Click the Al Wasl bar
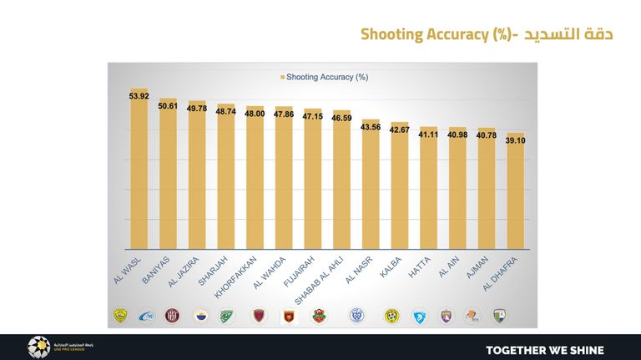[139, 175]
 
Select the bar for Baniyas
[168, 180]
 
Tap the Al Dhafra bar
[515, 196]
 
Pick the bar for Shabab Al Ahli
[341, 184]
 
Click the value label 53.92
[139, 97]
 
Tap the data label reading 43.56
[370, 127]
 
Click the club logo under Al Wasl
[120, 316]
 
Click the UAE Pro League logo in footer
[39, 347]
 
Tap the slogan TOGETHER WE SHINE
[544, 349]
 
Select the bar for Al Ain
[457, 192]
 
